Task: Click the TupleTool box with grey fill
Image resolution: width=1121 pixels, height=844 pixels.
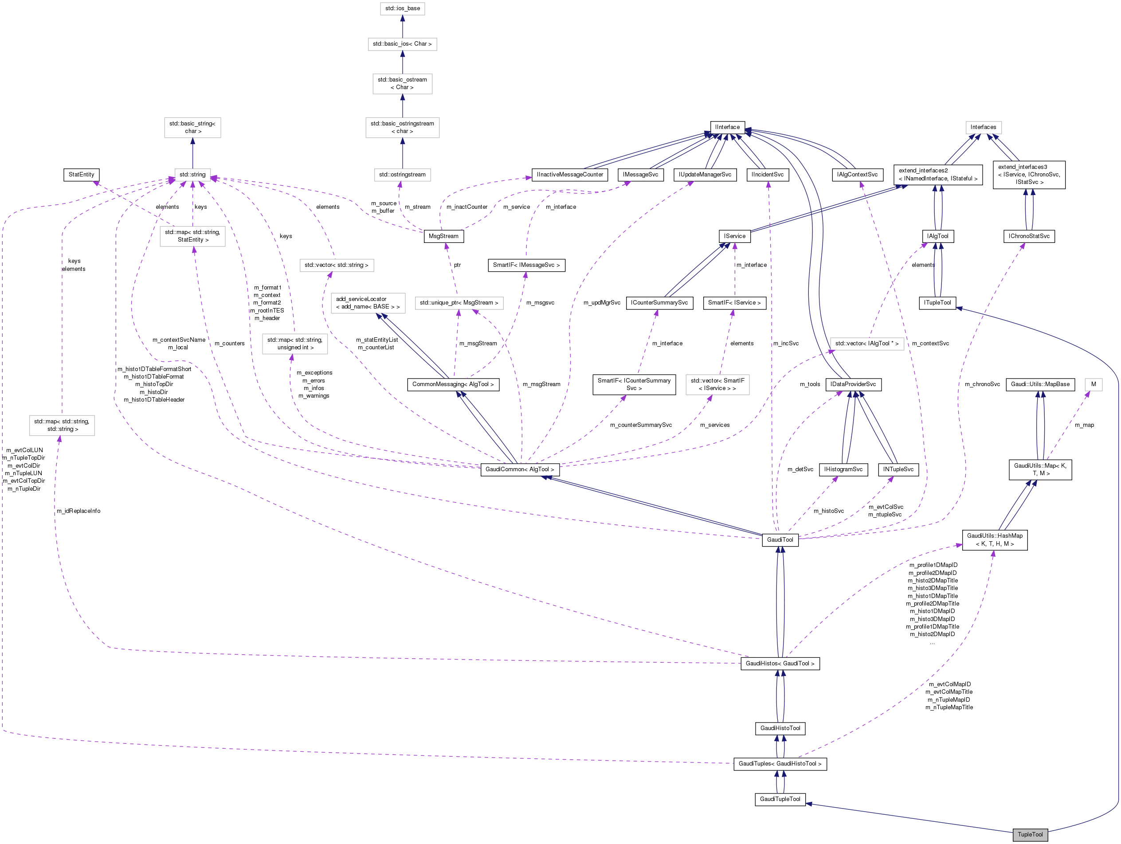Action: [x=1030, y=834]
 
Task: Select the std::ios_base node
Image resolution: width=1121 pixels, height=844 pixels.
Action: [x=402, y=8]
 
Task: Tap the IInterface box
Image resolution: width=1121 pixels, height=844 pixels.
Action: [x=727, y=127]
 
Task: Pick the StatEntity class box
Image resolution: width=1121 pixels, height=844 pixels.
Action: [x=81, y=175]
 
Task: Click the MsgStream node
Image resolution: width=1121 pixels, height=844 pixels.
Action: [x=443, y=236]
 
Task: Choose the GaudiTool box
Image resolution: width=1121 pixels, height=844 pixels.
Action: [x=780, y=540]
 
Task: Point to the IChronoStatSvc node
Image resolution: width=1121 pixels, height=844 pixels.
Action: [x=1029, y=236]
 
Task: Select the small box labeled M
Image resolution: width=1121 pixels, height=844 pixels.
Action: [x=1093, y=384]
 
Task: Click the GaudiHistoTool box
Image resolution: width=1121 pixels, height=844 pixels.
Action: [x=780, y=728]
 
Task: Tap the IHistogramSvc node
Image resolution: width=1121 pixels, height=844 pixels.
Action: [x=843, y=469]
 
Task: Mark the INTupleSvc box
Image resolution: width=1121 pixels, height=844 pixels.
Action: [x=898, y=469]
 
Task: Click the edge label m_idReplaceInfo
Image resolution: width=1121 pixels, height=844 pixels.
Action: [x=78, y=511]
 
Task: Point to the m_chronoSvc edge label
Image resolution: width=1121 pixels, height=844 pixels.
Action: [x=982, y=384]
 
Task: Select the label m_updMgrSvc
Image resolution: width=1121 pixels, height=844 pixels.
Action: [x=602, y=303]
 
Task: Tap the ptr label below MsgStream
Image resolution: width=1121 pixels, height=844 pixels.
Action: [x=457, y=265]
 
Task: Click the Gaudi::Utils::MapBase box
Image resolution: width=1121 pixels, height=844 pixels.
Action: [x=1040, y=384]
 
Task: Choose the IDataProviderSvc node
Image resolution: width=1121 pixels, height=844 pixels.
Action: [x=853, y=384]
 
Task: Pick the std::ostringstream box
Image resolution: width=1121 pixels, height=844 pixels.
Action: [x=402, y=175]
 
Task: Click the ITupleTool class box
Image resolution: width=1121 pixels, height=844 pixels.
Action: [x=937, y=303]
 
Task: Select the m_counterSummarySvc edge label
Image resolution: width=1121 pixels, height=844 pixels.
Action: [x=641, y=425]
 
